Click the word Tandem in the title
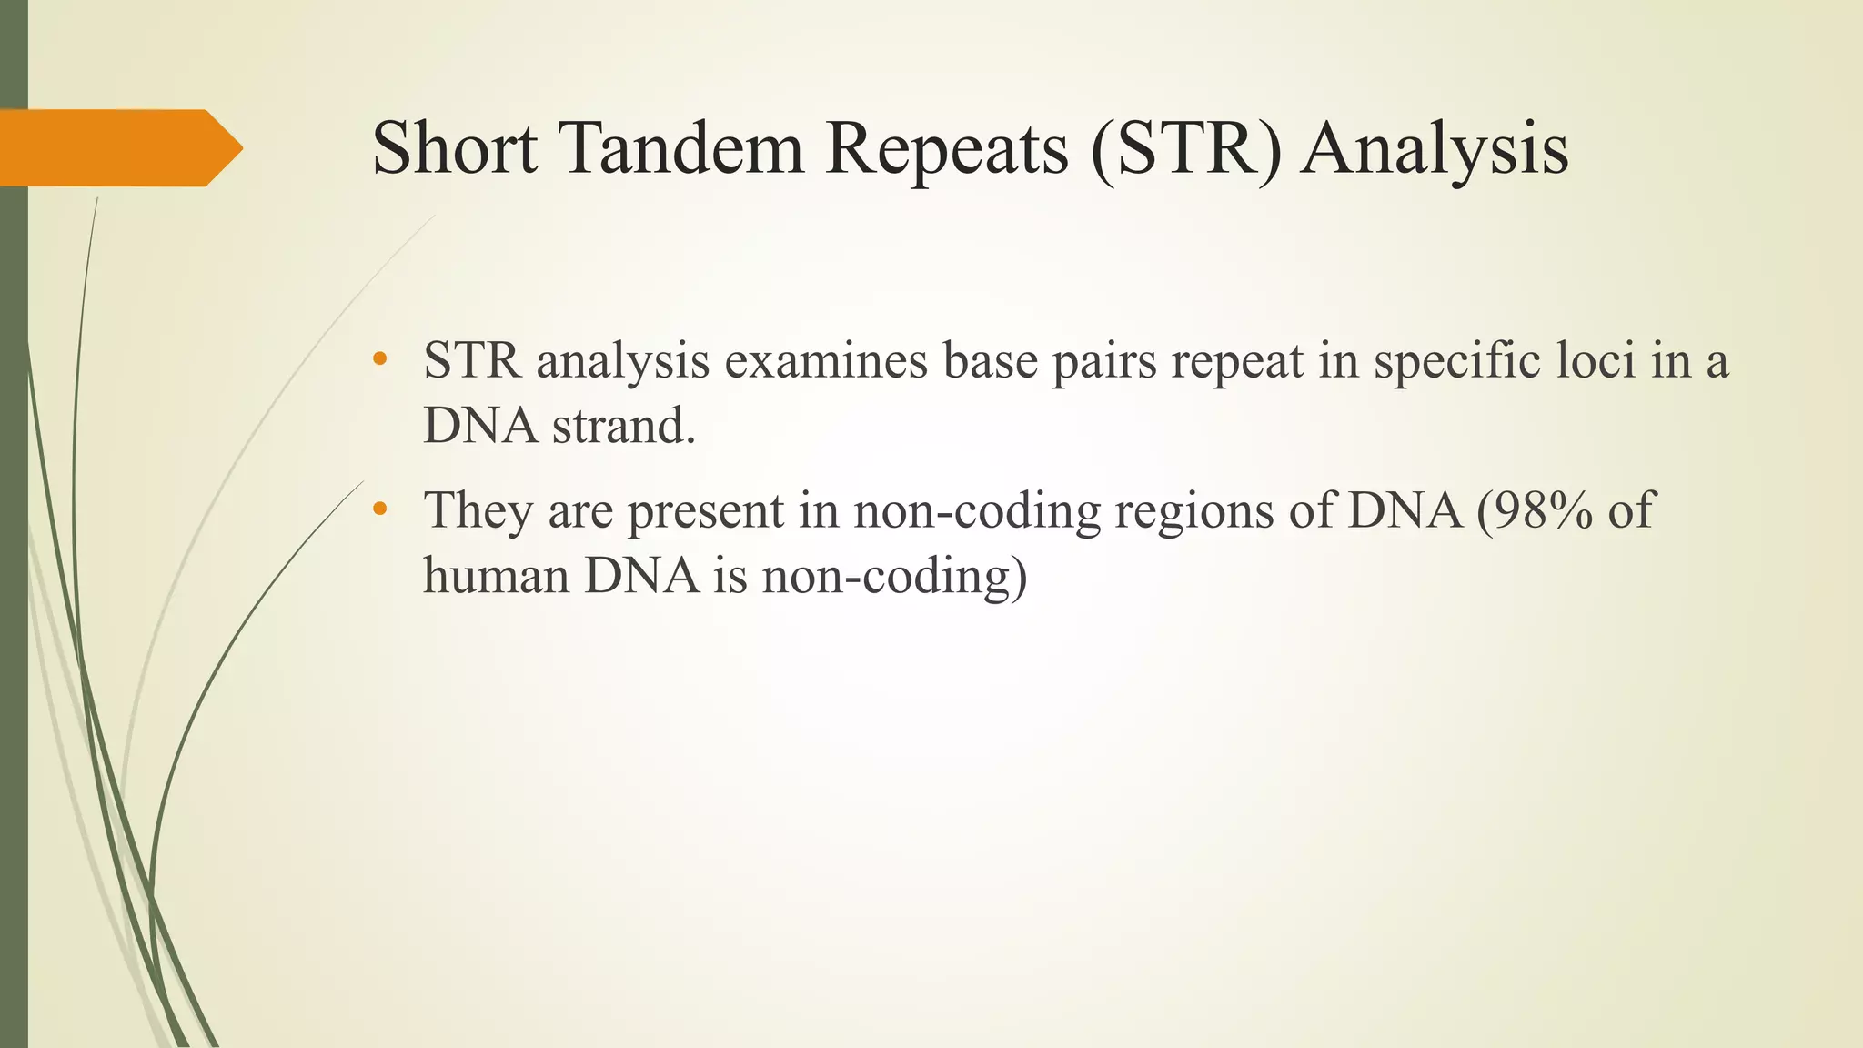(x=680, y=148)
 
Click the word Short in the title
(x=454, y=148)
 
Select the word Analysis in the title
(x=1435, y=150)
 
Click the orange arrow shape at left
(x=118, y=148)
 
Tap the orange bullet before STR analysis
(x=380, y=359)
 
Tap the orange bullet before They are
(x=380, y=509)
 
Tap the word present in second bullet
(x=705, y=512)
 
